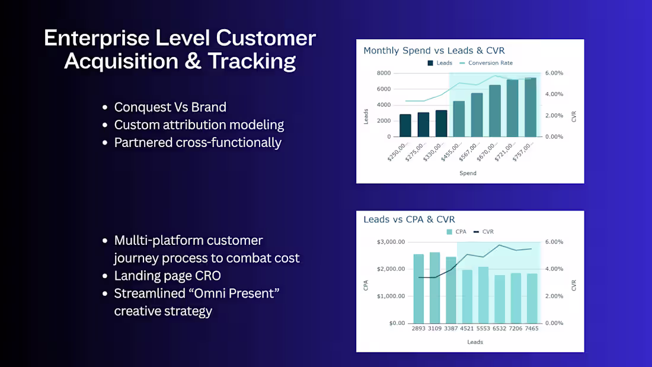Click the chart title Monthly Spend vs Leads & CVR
[434, 50]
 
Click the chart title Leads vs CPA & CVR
[409, 219]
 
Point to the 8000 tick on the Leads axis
[383, 73]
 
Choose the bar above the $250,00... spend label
[405, 126]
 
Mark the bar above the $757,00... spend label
[530, 107]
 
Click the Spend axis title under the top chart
[468, 173]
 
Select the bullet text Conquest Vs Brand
[170, 107]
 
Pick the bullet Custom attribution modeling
[199, 125]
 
